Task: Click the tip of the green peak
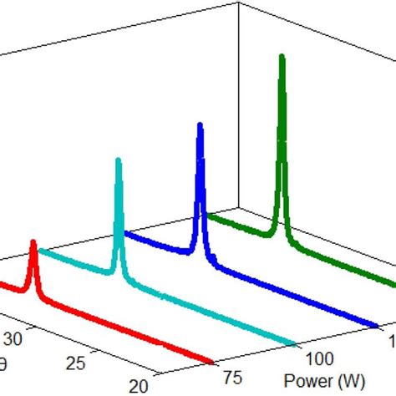click(x=282, y=57)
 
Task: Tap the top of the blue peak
click(x=201, y=125)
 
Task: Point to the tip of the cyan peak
click(x=119, y=159)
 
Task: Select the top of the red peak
click(x=33, y=243)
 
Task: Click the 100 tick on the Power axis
click(x=319, y=358)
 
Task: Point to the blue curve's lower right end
click(x=375, y=324)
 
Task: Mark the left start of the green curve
click(x=206, y=216)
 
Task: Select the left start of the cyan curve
click(x=41, y=252)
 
